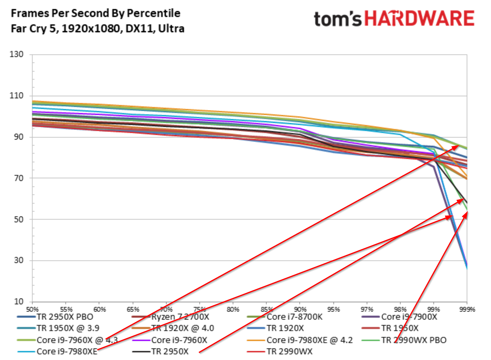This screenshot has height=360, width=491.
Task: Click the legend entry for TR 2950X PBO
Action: click(65, 317)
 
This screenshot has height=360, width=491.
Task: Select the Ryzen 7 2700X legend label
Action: click(180, 317)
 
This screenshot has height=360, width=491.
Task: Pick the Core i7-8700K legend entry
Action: click(294, 317)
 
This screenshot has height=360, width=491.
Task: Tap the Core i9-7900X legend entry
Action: click(409, 317)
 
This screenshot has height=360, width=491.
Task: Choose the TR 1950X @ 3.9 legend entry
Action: click(68, 328)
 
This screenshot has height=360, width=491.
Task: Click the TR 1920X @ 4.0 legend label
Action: click(183, 328)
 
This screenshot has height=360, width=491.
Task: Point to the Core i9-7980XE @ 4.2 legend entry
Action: click(309, 340)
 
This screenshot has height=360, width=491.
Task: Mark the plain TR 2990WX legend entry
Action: click(289, 351)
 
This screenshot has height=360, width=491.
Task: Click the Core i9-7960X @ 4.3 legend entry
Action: click(77, 340)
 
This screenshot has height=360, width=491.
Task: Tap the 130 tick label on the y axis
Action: click(16, 54)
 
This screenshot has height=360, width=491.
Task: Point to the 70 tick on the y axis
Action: click(19, 178)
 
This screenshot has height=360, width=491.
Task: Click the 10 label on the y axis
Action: click(19, 301)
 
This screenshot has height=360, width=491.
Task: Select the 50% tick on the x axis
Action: click(32, 309)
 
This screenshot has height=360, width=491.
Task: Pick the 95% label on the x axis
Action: click(333, 309)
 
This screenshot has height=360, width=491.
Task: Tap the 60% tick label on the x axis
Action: click(99, 309)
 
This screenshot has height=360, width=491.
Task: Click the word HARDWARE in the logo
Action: click(419, 18)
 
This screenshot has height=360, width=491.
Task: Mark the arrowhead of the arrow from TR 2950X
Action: click(463, 199)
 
